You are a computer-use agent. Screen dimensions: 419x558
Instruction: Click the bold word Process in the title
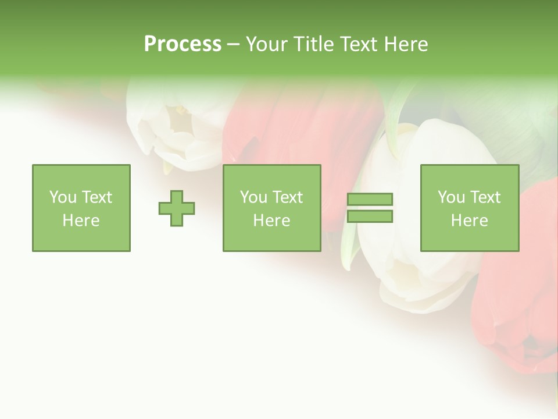point(183,44)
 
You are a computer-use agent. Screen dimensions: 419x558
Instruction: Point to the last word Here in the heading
point(406,44)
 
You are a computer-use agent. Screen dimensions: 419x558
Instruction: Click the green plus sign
point(177,208)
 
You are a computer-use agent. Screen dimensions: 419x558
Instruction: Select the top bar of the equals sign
point(370,200)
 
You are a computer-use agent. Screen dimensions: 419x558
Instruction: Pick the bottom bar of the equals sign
point(370,216)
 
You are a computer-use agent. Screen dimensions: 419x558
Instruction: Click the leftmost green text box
point(81,175)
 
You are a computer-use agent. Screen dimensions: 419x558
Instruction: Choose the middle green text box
point(271,175)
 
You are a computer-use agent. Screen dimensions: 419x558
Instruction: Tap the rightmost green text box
point(469,175)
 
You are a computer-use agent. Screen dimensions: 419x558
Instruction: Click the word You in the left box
point(62,197)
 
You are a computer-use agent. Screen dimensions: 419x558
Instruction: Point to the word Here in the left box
point(81,221)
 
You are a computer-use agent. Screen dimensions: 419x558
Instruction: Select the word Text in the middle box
point(287,197)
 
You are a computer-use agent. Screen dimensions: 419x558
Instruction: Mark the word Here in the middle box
point(271,221)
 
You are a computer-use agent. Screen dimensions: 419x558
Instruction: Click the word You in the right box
point(450,197)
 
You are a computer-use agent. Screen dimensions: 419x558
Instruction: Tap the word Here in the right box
point(469,221)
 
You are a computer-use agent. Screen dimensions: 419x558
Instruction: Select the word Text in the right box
point(485,197)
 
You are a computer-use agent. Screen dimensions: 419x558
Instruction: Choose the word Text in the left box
point(96,197)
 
